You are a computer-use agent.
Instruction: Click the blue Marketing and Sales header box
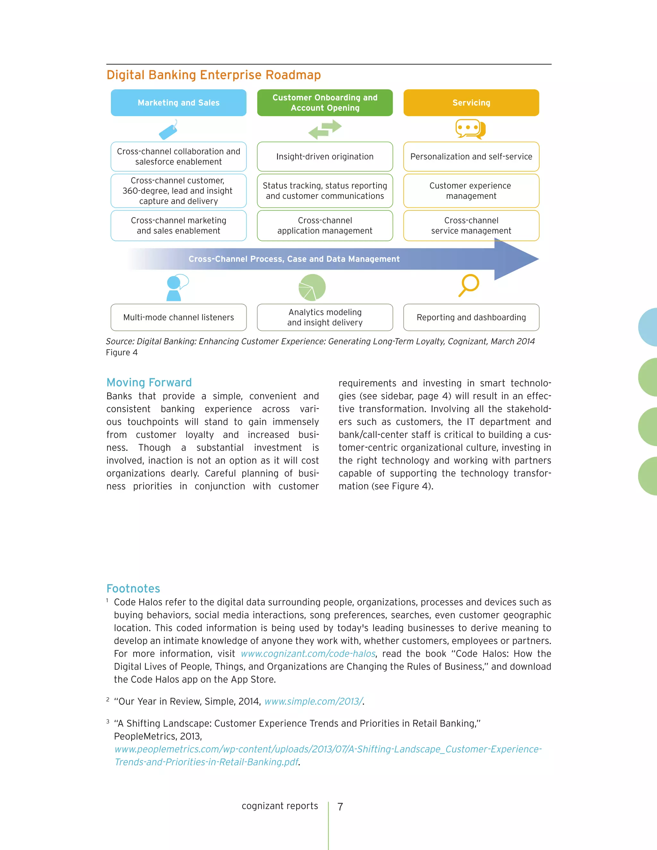178,103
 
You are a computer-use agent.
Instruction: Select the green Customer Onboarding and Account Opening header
325,103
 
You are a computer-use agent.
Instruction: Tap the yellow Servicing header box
471,103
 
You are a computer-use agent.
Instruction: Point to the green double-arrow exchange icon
325,130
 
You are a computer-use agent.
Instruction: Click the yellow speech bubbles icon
470,129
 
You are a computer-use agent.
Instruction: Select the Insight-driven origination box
325,157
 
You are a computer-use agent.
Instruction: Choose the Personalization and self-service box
471,157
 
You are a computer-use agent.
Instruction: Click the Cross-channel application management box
325,226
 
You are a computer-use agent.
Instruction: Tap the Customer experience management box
471,191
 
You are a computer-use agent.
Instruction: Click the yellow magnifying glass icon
469,285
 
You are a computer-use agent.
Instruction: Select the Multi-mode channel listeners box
178,318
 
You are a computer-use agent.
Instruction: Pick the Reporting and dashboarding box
471,318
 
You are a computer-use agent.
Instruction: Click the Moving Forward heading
149,383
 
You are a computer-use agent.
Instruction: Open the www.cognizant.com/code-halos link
308,654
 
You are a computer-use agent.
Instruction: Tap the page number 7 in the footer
340,806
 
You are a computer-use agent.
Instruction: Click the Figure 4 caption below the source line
122,353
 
